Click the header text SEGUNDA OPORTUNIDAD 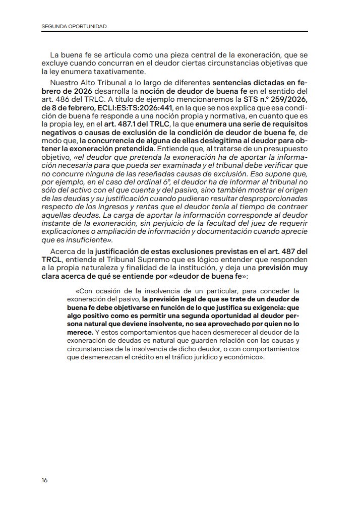click(74, 26)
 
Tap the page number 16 click(45, 480)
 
